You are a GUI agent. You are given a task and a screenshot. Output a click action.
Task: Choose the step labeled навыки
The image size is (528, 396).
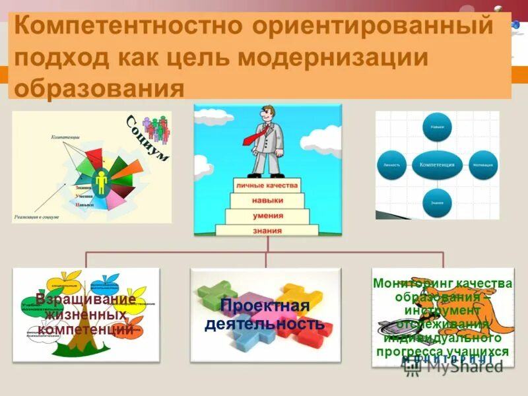tap(267, 199)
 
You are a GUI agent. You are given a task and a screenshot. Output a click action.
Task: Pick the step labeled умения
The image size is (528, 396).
tap(267, 215)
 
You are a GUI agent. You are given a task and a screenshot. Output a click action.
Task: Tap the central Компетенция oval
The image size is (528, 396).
tap(437, 163)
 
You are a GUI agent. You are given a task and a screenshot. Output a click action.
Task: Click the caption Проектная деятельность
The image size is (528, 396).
tap(264, 315)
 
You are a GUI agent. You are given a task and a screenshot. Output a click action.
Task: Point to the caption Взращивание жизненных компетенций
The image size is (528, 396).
tap(85, 314)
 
